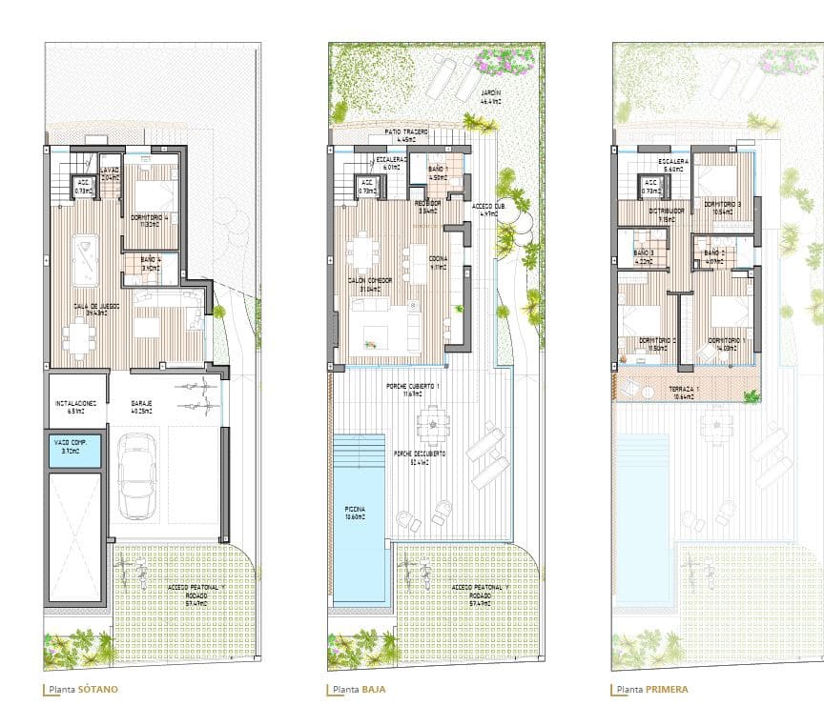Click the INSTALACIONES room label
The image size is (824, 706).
coord(75,405)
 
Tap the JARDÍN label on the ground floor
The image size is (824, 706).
coord(492,94)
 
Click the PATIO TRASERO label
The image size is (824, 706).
coord(406,131)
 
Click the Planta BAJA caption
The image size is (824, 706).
coord(360,689)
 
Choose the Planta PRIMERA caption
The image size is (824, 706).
coord(651,689)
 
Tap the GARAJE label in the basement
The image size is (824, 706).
coord(144,405)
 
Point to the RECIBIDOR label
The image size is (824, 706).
coord(426,204)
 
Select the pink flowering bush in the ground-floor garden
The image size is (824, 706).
coord(505,61)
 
